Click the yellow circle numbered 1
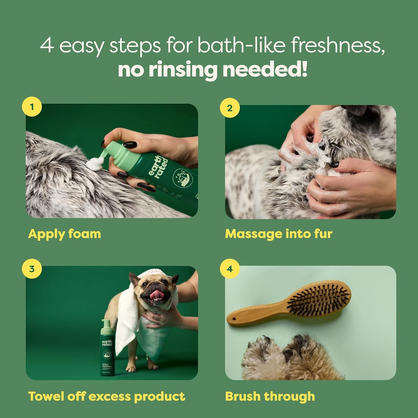[32, 107]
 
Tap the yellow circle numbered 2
[230, 108]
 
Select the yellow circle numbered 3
[32, 269]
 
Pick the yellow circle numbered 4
[230, 269]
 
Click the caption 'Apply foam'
[65, 234]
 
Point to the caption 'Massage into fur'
[279, 234]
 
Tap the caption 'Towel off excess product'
[106, 396]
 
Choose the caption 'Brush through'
[270, 396]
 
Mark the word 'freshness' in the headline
[337, 45]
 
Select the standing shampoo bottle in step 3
[107, 350]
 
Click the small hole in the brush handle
[233, 319]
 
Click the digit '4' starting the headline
[47, 45]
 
